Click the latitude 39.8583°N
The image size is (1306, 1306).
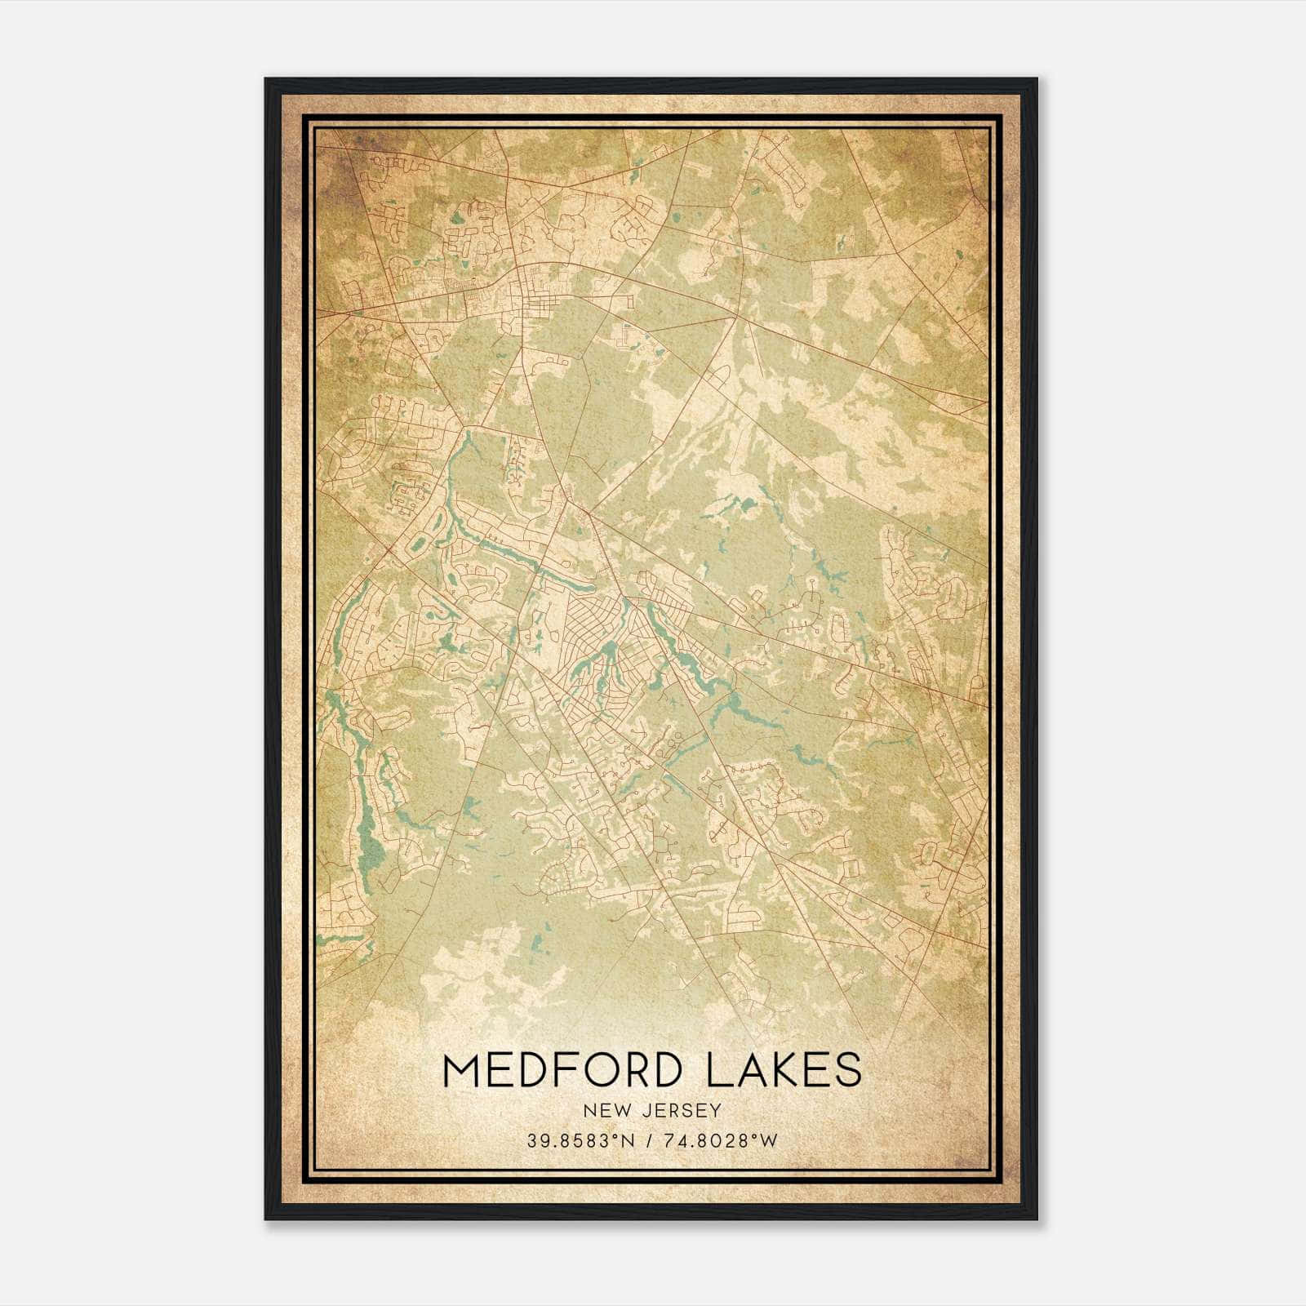coord(580,1140)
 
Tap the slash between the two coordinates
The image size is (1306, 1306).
coord(646,1140)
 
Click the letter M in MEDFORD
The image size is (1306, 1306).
coord(460,1070)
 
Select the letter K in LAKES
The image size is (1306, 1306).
coord(785,1070)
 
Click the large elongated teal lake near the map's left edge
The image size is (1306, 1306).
coord(367,841)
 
